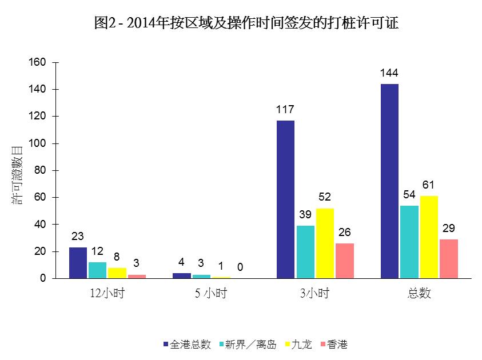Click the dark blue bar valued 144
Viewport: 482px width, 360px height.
389,181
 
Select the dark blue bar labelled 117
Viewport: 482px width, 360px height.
285,199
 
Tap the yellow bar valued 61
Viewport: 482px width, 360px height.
428,237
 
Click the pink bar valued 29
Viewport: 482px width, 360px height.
448,259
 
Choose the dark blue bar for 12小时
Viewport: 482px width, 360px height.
78,263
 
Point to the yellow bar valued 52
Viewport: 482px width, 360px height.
325,243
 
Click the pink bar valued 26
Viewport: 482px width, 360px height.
345,261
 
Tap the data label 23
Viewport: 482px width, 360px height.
78,236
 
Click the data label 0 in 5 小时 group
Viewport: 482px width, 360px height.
240,267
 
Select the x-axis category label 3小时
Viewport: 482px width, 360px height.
315,294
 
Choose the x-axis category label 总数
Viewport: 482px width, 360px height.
419,294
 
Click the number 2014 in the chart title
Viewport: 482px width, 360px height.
141,23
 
